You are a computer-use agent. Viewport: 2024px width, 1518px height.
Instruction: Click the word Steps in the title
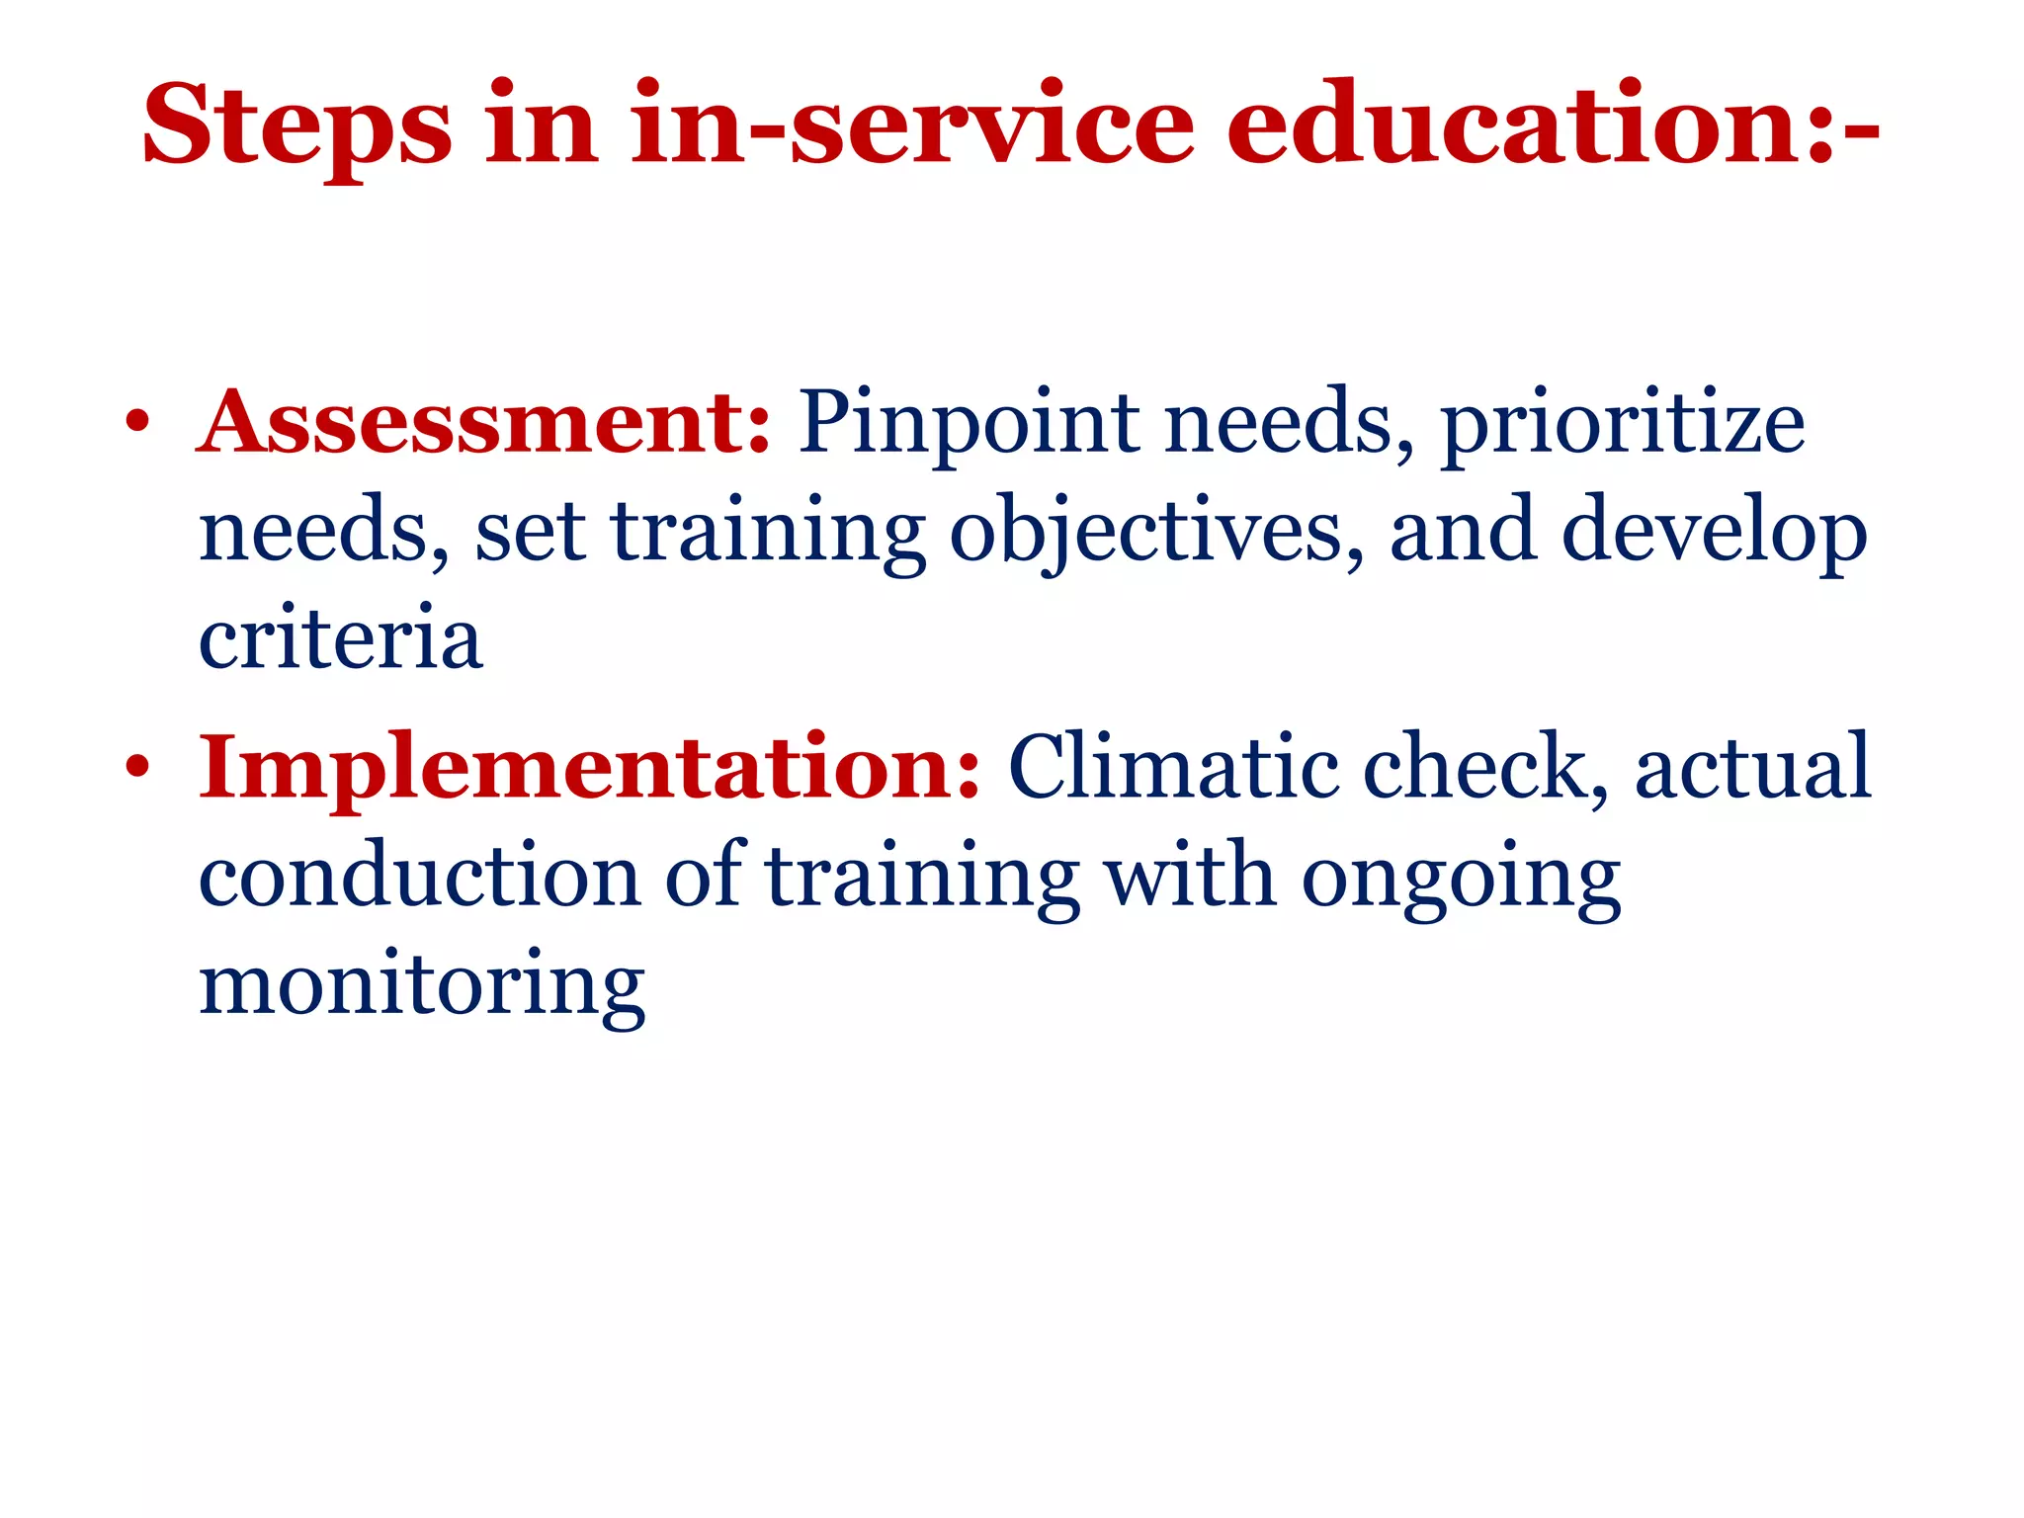[297, 126]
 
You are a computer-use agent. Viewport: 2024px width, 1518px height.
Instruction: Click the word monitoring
[422, 987]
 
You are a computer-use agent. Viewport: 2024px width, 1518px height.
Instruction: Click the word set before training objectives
[530, 534]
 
